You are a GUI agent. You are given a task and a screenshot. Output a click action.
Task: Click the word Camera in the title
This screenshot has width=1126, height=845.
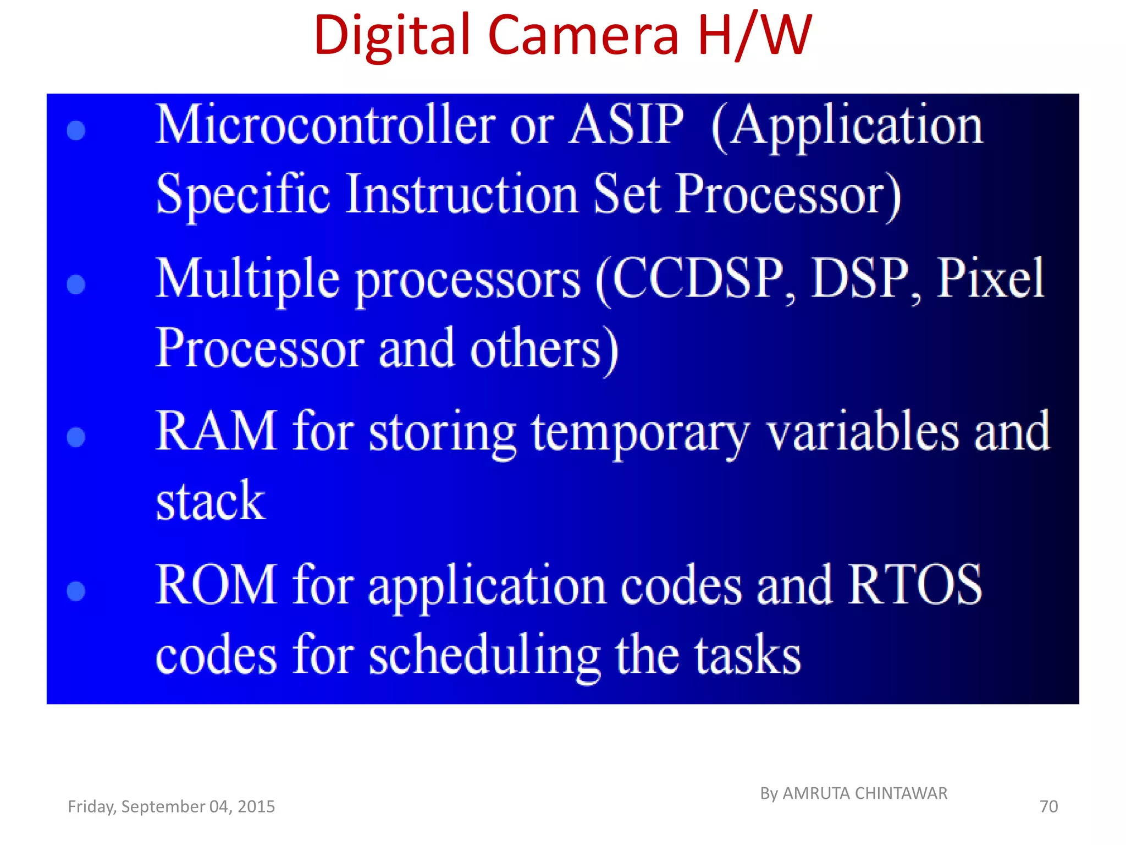pos(583,35)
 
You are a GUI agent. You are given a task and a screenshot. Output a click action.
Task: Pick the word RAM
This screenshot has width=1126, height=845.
pos(216,431)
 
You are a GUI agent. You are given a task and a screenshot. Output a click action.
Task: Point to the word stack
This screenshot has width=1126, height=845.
pos(211,501)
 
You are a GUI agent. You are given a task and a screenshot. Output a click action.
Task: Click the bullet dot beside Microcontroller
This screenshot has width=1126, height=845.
pos(76,131)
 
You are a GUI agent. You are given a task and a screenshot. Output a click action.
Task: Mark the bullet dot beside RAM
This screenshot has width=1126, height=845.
pos(76,437)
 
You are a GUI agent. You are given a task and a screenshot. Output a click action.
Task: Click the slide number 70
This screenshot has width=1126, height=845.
pos(1048,806)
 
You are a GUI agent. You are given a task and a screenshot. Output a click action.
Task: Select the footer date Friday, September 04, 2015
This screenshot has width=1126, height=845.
pos(171,806)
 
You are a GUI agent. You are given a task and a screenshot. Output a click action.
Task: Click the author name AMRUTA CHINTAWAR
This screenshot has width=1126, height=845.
pos(864,793)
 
